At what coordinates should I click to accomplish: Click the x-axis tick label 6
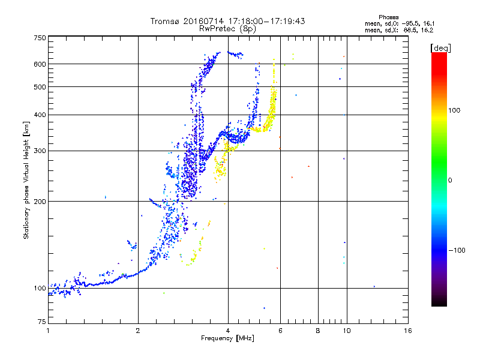[x=280, y=331]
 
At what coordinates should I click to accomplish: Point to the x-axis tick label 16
[x=408, y=331]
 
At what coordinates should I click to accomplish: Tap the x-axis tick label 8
[x=318, y=331]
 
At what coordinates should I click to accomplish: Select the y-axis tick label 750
[x=40, y=38]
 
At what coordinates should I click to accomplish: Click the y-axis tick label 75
[x=42, y=322]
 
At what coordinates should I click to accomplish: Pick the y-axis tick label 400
[x=40, y=115]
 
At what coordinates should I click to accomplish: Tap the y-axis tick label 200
[x=40, y=202]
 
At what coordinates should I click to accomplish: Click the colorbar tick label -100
[x=457, y=250]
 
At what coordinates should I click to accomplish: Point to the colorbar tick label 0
[x=450, y=181]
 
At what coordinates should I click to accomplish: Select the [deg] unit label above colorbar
[x=441, y=49]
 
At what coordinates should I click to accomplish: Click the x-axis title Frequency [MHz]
[x=227, y=338]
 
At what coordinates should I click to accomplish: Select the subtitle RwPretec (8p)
[x=227, y=29]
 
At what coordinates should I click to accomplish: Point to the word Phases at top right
[x=388, y=17]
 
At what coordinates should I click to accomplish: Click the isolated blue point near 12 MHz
[x=374, y=287]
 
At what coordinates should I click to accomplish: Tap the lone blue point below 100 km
[x=264, y=308]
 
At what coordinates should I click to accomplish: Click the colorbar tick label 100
[x=454, y=110]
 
